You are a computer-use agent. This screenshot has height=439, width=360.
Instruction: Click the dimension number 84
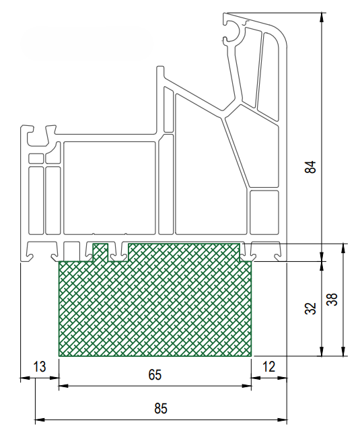point(310,167)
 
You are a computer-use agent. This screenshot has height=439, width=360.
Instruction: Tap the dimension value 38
point(332,300)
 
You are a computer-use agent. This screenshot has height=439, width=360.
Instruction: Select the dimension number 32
point(310,308)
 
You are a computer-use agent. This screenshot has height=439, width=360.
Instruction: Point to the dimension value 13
point(39,366)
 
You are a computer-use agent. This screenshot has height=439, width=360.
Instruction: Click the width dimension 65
point(155,374)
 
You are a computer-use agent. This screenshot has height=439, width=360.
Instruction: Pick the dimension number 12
point(268,366)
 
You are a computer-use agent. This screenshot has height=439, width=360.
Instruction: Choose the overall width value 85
point(161,408)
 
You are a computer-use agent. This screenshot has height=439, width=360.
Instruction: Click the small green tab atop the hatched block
point(100,252)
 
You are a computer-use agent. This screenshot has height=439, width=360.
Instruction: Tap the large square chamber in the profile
point(110,188)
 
